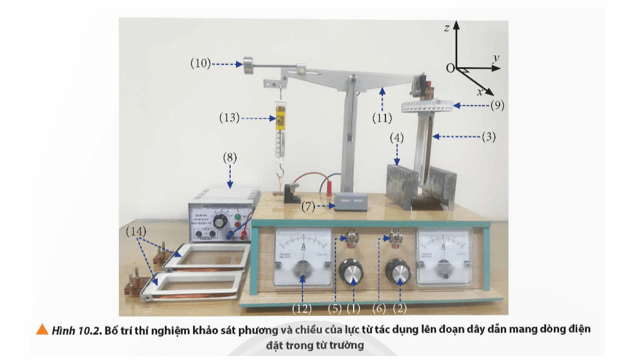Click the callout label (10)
199,63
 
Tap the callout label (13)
229,117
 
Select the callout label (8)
230,157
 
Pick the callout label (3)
489,135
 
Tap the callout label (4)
396,136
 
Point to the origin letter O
451,67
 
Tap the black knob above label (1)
351,272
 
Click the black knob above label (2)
400,272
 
